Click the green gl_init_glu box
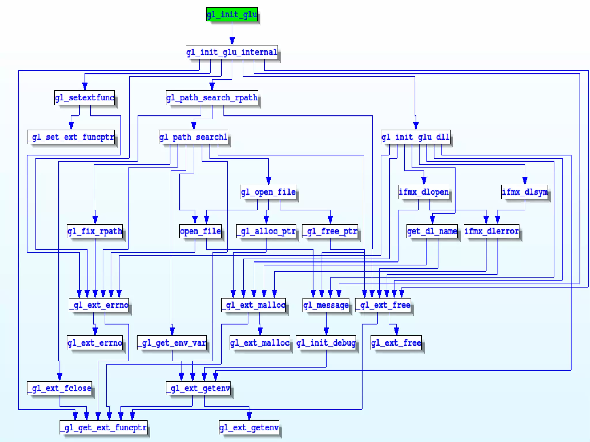232,14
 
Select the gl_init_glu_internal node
232,52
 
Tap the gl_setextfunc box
85,98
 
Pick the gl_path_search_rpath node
212,98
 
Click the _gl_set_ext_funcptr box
71,137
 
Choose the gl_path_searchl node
194,137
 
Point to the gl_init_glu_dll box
415,137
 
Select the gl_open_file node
268,192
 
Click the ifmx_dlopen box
424,192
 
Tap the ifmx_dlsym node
525,192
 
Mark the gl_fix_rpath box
95,231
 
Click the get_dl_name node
432,231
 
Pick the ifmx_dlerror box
492,231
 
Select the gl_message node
326,305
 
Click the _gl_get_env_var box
172,343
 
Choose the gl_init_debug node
326,343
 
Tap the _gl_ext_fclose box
60,388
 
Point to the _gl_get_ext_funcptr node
103,428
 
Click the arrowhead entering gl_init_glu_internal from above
232,41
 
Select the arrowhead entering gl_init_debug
326,331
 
